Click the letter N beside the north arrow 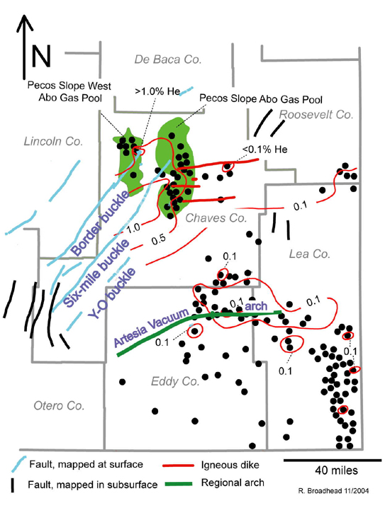click(41, 55)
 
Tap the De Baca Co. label click(168, 60)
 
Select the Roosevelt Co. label click(316, 115)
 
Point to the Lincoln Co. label click(53, 142)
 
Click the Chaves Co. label click(216, 218)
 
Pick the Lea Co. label click(310, 254)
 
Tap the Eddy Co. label click(175, 381)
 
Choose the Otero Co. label click(59, 405)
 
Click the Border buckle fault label click(101, 223)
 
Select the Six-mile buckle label click(96, 274)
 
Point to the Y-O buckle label click(112, 293)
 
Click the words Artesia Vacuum click(151, 328)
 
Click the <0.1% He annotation click(264, 150)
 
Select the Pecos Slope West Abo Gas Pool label click(69, 91)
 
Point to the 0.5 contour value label click(158, 240)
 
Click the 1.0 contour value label click(133, 227)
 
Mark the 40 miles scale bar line click(333, 460)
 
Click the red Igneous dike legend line click(178, 466)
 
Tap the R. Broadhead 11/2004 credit click(333, 491)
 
